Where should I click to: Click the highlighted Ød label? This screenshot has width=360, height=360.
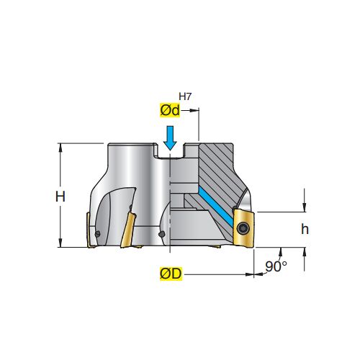pos(170,110)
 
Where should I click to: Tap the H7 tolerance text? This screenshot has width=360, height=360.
pos(185,96)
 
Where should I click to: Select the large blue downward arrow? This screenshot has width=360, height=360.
pos(170,138)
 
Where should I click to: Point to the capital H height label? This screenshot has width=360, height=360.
pos(60,197)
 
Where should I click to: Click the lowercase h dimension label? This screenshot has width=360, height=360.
pos(305,229)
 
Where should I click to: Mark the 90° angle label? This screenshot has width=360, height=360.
pos(276,266)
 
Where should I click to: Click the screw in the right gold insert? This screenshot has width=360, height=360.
pos(243,228)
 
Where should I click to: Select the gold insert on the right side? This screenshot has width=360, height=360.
pos(243,228)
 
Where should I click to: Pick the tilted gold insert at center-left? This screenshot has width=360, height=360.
pos(128,230)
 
